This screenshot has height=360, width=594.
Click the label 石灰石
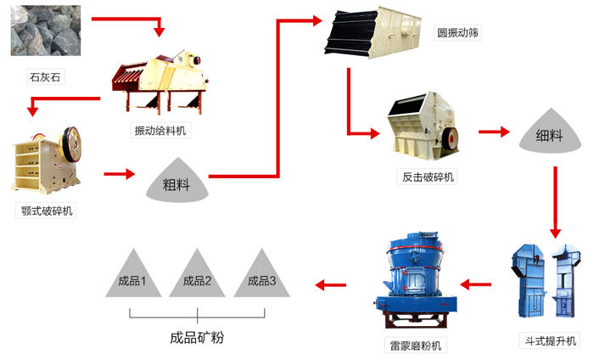click(46, 78)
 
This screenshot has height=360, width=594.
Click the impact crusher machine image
click(423, 128)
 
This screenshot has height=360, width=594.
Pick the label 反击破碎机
click(427, 177)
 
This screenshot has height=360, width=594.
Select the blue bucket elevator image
click(546, 284)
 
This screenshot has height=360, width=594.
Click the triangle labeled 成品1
click(133, 276)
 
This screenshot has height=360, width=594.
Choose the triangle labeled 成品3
click(261, 276)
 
